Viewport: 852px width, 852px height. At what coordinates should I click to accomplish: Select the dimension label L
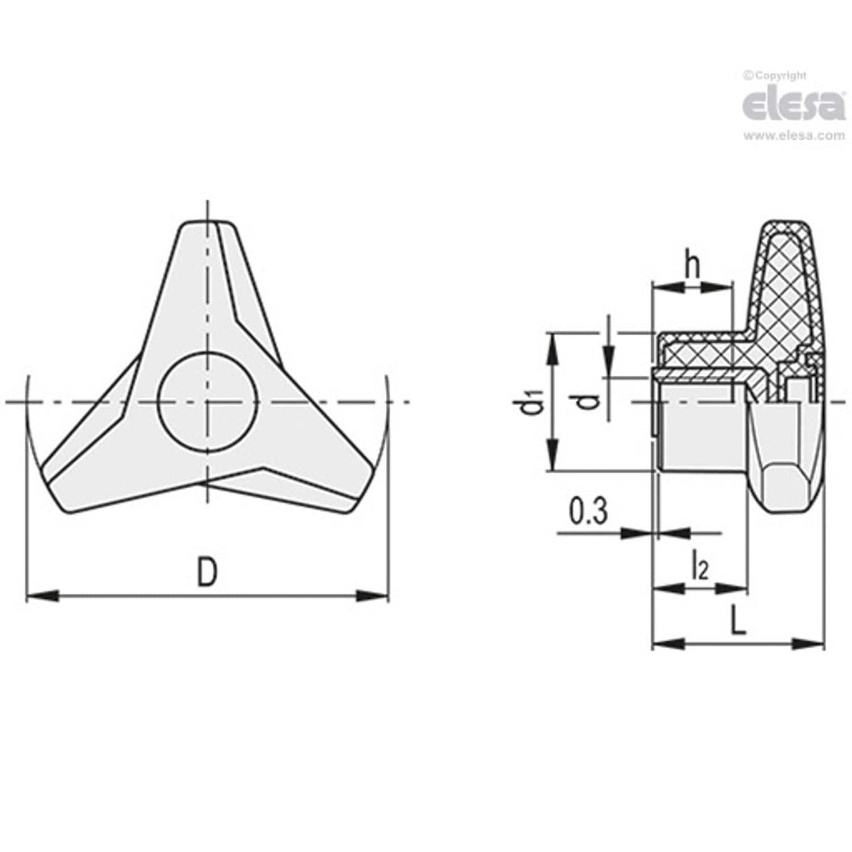pos(737,620)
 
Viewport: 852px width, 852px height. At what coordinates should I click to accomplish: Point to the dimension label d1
pos(534,406)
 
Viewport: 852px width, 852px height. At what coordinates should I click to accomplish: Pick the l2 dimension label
pos(700,566)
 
